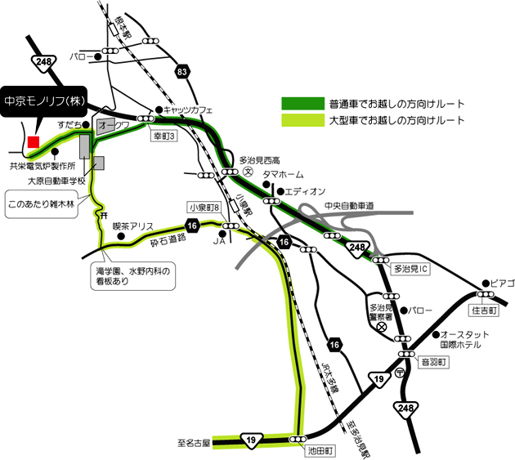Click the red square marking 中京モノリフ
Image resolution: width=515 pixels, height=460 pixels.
[x=34, y=142]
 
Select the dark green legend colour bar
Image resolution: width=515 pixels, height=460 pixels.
[x=302, y=104]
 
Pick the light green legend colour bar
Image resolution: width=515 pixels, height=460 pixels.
[x=302, y=120]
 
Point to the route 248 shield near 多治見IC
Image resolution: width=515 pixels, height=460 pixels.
[x=357, y=246]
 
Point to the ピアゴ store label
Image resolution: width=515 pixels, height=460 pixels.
[x=503, y=282]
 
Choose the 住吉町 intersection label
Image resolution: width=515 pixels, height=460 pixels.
[x=484, y=310]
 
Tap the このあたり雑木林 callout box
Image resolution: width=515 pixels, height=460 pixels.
[x=40, y=199]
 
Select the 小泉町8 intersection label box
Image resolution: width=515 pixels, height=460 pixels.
[x=204, y=207]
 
